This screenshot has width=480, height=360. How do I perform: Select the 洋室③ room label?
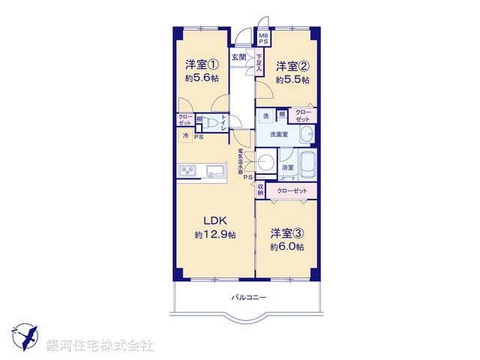287,232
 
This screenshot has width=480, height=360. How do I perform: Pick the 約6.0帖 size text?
287,247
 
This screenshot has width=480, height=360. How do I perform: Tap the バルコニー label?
248,298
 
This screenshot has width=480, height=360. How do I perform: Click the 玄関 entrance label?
238,57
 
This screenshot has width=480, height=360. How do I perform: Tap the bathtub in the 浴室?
308,165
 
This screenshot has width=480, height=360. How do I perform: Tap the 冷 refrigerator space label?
185,136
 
